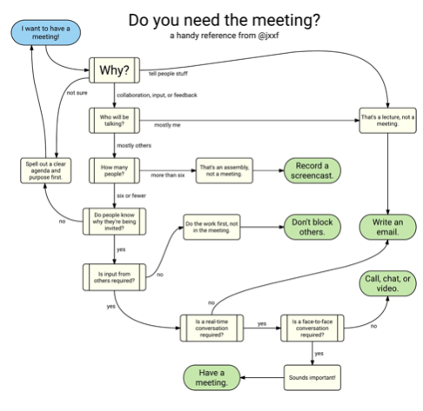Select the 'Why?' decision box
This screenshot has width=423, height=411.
click(115, 67)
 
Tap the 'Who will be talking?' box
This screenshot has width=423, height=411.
click(115, 119)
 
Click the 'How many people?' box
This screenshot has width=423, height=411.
click(115, 169)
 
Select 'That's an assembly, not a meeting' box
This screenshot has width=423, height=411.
click(225, 169)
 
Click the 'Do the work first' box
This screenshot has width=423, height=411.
click(213, 228)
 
